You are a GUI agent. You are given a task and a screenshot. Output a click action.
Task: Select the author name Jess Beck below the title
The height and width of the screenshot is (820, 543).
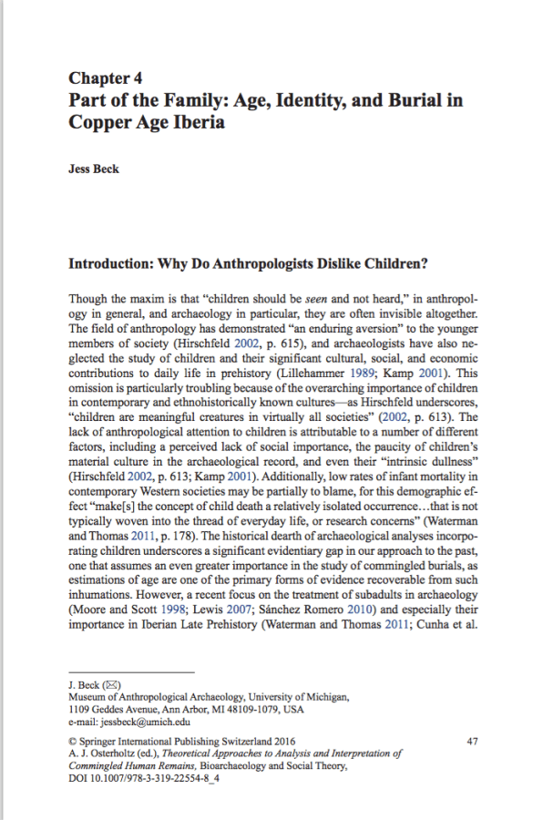95,169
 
